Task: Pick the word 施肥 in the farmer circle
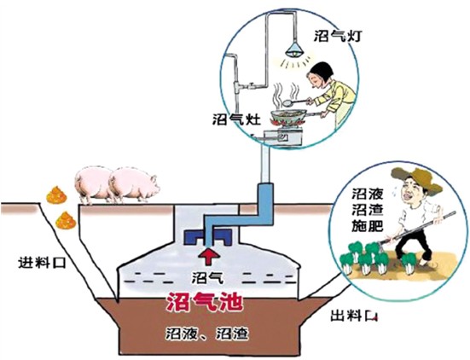364,229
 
